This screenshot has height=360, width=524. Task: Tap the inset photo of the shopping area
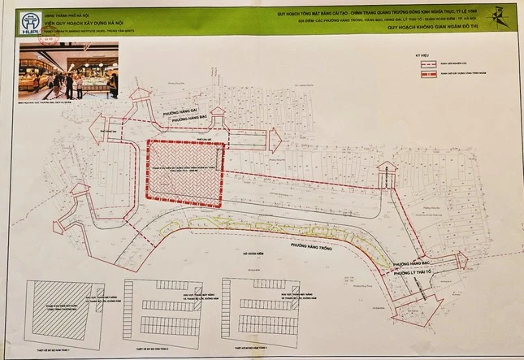(69, 71)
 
